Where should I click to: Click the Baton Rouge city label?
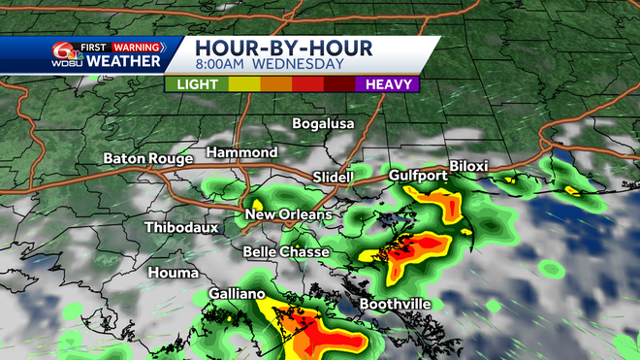click(148, 158)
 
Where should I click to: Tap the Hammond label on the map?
click(241, 152)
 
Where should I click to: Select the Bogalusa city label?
click(324, 124)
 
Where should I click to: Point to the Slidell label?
click(335, 177)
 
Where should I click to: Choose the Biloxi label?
click(468, 166)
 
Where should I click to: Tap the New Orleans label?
click(288, 214)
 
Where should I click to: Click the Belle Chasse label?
click(286, 251)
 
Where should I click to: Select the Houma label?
click(172, 273)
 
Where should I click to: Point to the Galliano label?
click(237, 293)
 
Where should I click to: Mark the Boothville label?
click(396, 304)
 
